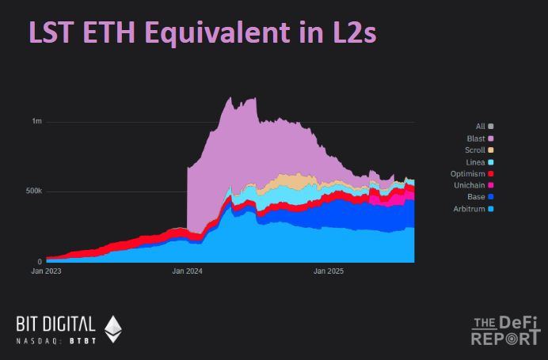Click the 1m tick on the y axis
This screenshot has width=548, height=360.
(37, 121)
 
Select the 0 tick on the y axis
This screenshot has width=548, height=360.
(40, 262)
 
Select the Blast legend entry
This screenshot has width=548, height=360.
(480, 138)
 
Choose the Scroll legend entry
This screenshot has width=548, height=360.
(479, 150)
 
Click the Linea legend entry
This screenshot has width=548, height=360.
(480, 162)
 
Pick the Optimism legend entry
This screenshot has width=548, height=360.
(473, 174)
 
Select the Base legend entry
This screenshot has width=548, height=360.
(481, 197)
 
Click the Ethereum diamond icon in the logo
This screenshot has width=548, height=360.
(113, 328)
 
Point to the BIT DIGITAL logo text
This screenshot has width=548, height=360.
(55, 324)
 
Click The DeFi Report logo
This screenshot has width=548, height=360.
(506, 331)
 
